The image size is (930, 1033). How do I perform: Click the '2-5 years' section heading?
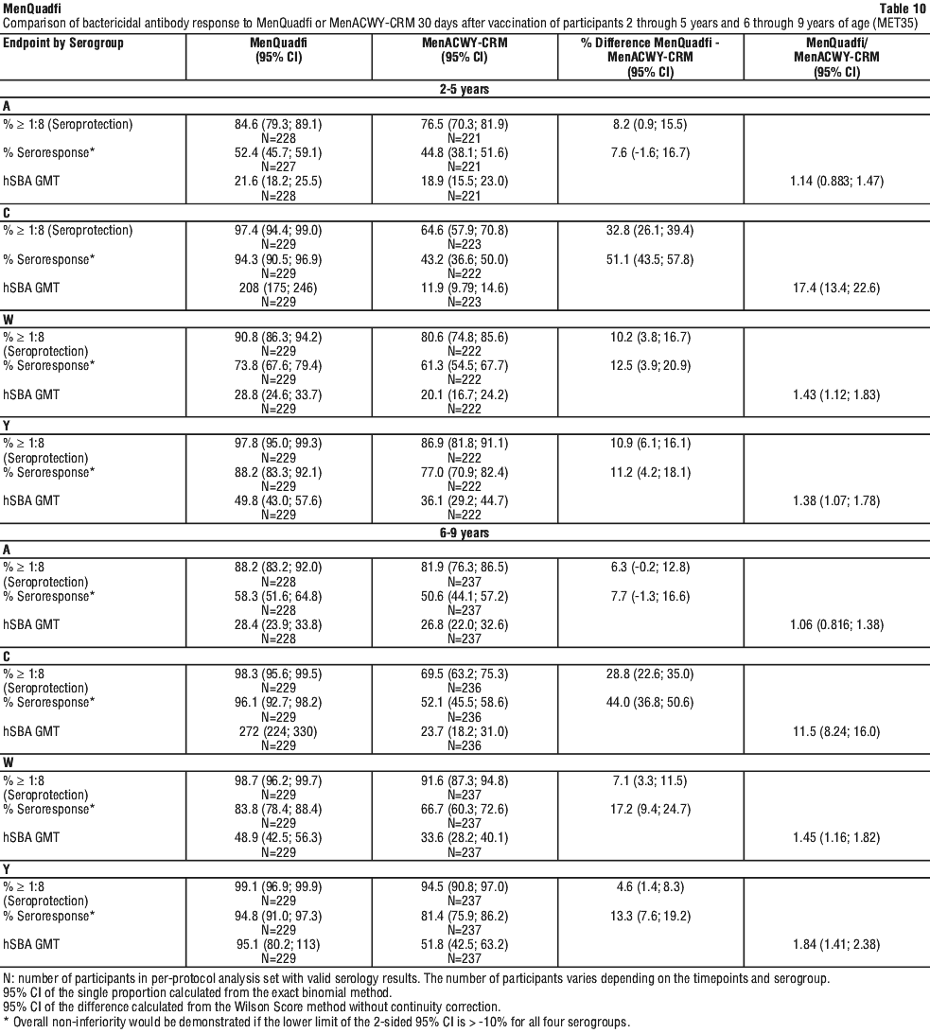465,89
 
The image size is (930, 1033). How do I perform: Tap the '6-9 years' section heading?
465,533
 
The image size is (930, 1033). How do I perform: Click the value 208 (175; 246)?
278,288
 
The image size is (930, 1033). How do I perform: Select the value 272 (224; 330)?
278,731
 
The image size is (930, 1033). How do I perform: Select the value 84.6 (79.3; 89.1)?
278,125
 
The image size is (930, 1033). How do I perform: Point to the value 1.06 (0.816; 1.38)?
836,625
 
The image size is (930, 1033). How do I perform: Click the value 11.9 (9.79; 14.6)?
464,288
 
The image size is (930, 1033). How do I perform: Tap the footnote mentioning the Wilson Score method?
252,1007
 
